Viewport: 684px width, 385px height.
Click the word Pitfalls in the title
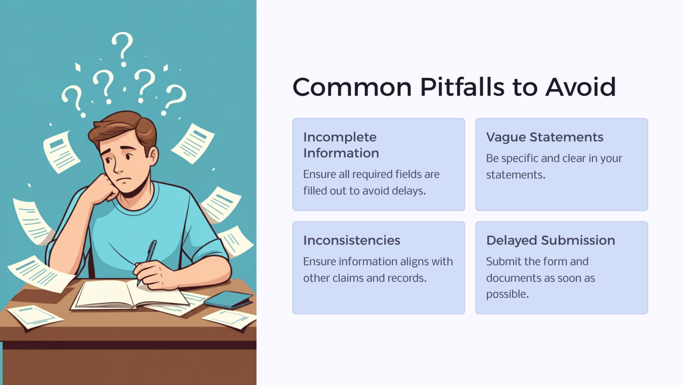462,87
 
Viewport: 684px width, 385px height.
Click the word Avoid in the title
581,87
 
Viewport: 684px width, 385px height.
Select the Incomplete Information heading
341,145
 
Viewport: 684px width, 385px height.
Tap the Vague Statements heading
545,137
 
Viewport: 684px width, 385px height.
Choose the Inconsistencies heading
352,241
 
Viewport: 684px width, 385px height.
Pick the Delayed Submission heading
550,241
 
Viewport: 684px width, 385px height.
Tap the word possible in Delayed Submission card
507,294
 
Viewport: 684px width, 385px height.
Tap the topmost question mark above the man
123,49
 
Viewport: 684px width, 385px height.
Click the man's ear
153,156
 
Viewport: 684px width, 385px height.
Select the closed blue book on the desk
228,300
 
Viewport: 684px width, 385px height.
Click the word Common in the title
352,87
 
